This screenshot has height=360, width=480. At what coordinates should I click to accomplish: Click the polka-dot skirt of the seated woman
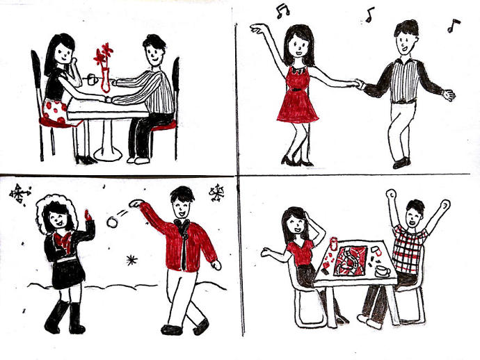[56, 111]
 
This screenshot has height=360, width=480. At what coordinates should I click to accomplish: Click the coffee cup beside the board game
[382, 269]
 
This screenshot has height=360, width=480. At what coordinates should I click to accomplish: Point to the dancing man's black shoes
[401, 163]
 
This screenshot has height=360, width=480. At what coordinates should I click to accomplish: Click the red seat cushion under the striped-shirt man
[163, 126]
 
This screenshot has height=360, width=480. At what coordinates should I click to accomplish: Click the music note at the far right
[454, 26]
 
